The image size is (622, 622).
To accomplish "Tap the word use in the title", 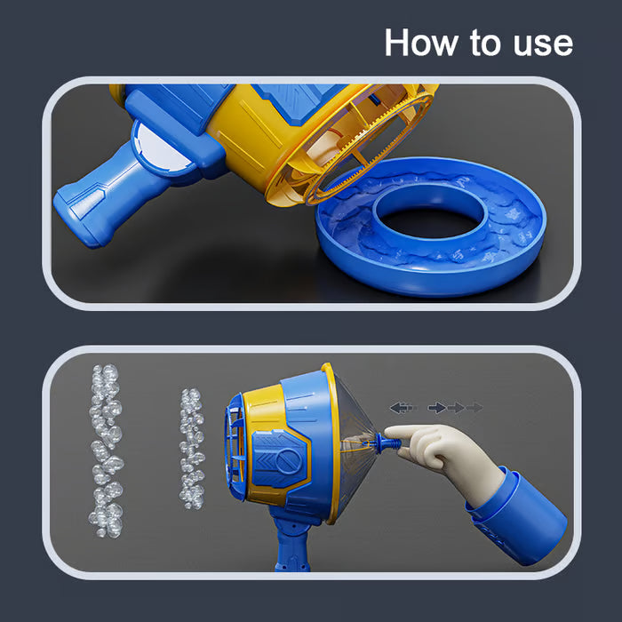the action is coord(543,44).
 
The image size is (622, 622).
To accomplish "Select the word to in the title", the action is coord(486,43).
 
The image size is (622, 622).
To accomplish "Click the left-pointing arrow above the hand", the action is coord(403,407).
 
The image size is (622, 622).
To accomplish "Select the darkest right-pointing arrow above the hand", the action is coord(437,407).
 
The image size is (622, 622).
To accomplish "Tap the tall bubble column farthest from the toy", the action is coord(106,451).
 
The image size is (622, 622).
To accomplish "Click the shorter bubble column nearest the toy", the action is coord(192,448).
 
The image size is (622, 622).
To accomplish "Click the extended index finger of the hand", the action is coord(404,434).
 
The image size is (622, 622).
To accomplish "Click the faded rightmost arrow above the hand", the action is coord(474,407).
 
